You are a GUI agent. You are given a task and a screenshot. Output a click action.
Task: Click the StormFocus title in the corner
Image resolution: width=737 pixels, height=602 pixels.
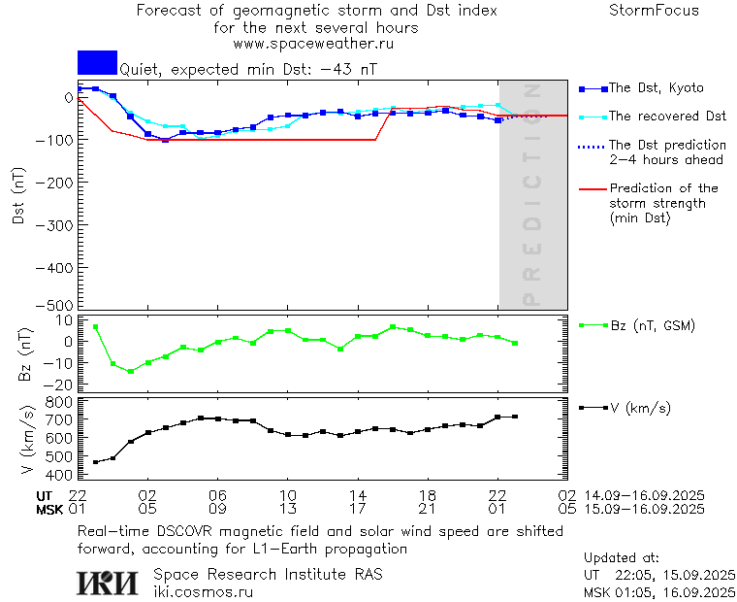pos(654,11)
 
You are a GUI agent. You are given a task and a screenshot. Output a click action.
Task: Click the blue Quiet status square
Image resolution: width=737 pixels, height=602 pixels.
pos(97,62)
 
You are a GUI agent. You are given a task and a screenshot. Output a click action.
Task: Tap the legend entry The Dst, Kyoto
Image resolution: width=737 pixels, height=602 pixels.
pos(656,88)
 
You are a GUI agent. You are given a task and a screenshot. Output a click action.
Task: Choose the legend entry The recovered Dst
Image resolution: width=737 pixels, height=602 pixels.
pos(667,117)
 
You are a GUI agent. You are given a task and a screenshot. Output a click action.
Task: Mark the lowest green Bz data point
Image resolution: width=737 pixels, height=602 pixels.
pos(130,372)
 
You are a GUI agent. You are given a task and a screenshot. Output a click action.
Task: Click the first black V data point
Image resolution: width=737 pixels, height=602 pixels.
pos(95,462)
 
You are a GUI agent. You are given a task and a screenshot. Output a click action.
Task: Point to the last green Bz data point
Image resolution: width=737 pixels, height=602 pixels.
pos(515,343)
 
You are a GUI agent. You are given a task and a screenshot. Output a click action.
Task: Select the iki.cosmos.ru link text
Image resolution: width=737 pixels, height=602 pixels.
pos(203,590)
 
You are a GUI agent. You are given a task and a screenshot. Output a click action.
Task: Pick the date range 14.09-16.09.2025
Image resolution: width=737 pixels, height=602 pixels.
pos(644,495)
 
